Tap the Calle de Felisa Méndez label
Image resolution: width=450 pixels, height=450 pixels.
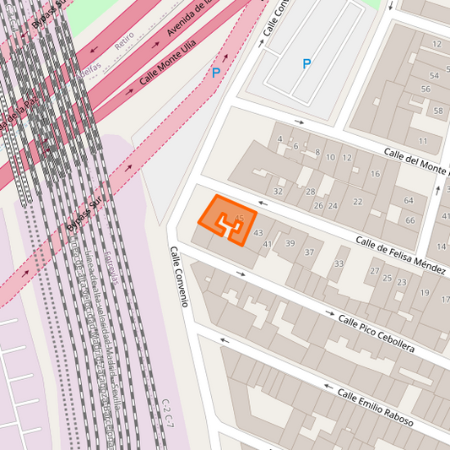tap(400, 254)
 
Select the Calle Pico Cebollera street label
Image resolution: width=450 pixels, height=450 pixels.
tap(376, 332)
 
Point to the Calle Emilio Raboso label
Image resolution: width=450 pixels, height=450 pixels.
tap(375, 407)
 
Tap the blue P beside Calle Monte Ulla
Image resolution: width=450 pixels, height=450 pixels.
tap(216, 73)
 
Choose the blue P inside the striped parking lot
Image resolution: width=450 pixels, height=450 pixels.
tap(306, 63)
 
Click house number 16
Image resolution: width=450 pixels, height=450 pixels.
tap(375, 174)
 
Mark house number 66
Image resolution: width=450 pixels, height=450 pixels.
tap(410, 220)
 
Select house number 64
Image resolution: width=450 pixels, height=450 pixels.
tap(409, 200)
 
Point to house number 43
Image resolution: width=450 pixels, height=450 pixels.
tap(258, 232)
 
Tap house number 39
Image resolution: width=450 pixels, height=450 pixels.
tap(290, 243)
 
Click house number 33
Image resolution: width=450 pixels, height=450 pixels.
tap(339, 263)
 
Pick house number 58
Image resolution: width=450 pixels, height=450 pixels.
tap(438, 111)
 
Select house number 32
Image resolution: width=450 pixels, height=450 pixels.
tap(278, 191)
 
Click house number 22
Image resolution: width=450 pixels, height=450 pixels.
tap(358, 202)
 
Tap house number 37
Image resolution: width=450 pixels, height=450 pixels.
tap(309, 252)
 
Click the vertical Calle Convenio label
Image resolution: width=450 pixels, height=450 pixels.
tap(178, 276)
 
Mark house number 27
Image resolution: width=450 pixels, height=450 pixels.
tap(375, 271)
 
